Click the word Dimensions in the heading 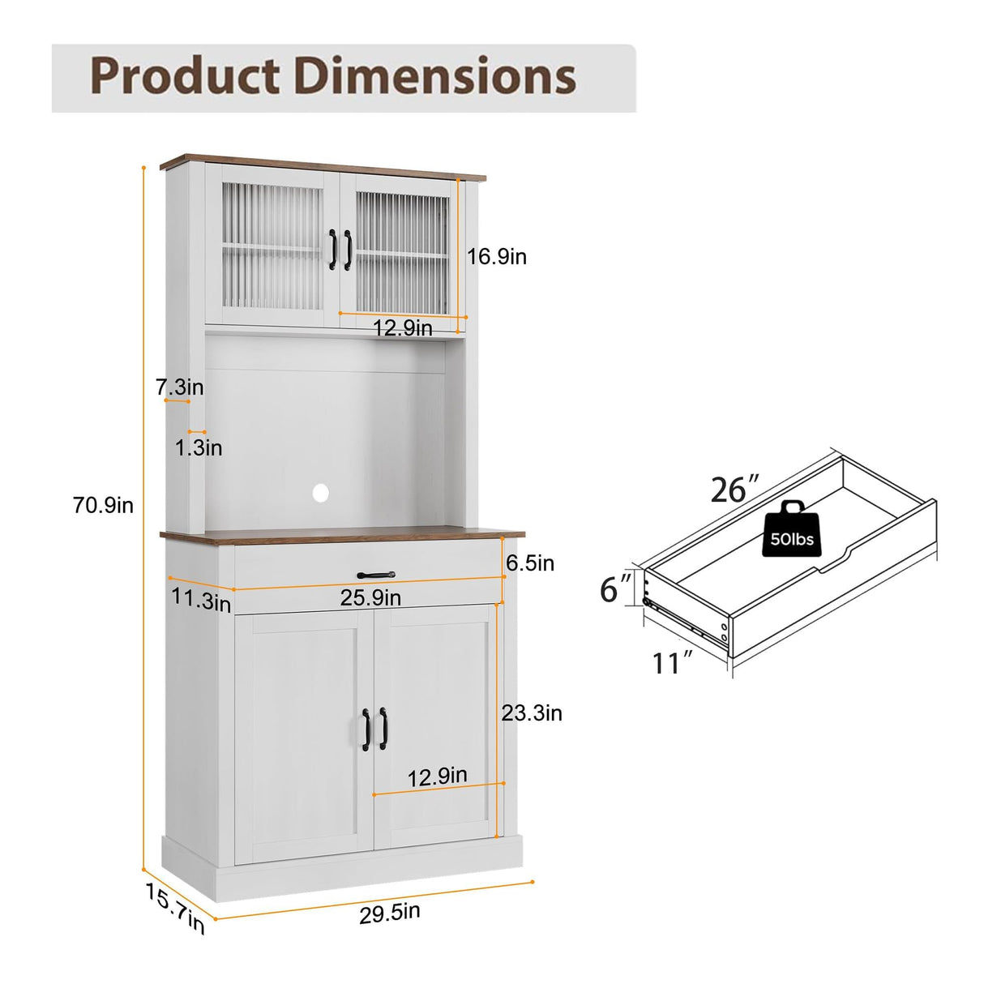434,75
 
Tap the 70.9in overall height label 103,506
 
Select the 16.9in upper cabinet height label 496,256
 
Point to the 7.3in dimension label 180,387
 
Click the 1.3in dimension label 199,448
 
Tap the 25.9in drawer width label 370,597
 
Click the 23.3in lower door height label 532,712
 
